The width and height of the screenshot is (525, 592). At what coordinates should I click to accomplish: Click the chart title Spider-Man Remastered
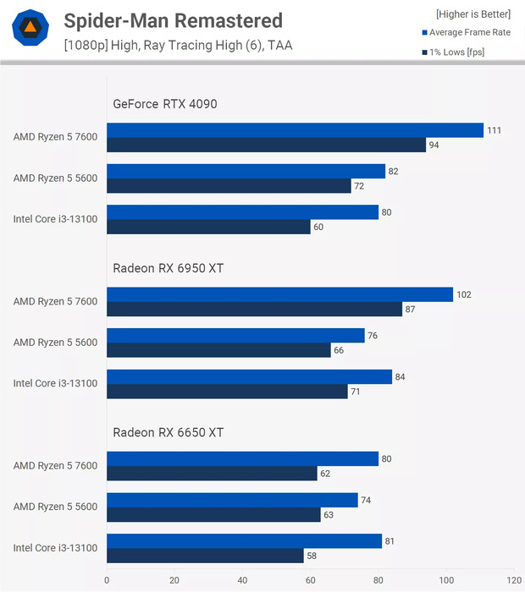coord(173,20)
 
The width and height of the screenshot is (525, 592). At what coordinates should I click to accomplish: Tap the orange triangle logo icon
coord(30,30)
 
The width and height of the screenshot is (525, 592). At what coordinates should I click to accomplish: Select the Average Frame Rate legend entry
coord(469,33)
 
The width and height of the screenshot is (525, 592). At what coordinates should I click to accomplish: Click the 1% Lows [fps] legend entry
coord(458,52)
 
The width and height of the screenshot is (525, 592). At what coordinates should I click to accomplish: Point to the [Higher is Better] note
coord(472,14)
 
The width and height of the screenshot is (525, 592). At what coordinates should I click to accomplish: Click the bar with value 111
coord(295,130)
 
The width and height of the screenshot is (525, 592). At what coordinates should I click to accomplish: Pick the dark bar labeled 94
coord(266,145)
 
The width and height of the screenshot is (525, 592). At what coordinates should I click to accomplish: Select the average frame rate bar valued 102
coord(279,294)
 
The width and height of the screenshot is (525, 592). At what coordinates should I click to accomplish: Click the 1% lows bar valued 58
coord(205,556)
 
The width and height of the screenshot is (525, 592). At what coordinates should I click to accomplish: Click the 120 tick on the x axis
coord(514,580)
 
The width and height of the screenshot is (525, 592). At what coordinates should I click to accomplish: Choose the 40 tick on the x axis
coord(242,580)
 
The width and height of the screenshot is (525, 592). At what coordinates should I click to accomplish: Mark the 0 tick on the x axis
coord(107,580)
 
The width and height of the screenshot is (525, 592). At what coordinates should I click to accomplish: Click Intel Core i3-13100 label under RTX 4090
coord(55,219)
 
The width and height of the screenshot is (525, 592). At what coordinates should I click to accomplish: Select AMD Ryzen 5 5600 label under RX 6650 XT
coord(55,507)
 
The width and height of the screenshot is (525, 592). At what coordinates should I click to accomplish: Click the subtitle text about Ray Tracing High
coord(178,46)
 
